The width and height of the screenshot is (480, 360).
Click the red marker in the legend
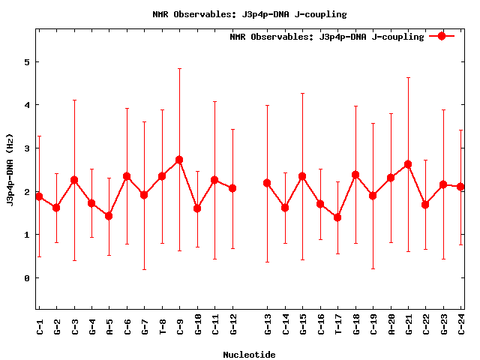(442, 36)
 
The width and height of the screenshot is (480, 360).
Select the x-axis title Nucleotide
(249, 355)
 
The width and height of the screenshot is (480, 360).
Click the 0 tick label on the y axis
(27, 278)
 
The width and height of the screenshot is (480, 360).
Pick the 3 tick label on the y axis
(27, 148)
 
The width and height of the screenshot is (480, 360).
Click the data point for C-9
(179, 160)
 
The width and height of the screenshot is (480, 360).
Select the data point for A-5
(109, 216)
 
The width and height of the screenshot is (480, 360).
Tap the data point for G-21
(408, 164)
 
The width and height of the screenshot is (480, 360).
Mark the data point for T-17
(337, 217)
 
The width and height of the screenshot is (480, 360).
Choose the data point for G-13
(267, 183)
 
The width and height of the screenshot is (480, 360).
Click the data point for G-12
(232, 188)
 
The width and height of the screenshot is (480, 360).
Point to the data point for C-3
(74, 180)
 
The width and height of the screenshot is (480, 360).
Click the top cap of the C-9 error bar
(179, 69)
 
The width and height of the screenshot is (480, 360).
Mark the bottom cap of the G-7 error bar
(144, 269)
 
